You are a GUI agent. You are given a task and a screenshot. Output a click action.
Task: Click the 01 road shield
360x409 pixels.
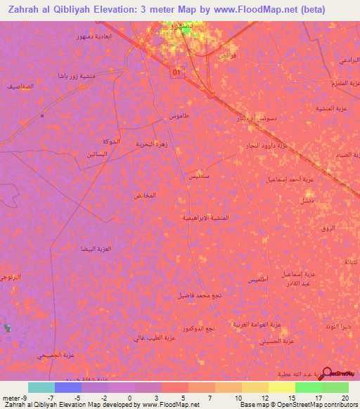point(176,72)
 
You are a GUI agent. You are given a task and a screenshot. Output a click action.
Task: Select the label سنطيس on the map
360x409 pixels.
point(196,178)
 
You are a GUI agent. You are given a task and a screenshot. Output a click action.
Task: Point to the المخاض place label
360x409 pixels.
point(144,195)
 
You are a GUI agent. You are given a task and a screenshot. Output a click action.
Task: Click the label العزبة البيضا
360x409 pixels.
point(96,249)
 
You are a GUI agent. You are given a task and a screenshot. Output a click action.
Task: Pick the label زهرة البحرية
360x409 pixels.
point(150,142)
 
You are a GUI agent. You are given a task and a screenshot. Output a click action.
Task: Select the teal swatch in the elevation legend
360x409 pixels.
point(41,387)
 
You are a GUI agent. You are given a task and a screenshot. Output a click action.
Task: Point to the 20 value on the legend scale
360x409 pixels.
point(345,398)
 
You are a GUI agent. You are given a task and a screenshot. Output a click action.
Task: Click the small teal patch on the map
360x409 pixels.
point(8,327)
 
